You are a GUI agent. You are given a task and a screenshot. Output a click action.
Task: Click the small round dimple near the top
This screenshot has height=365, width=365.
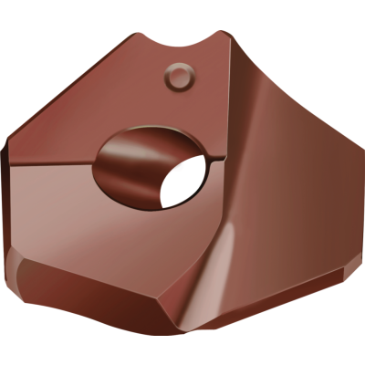click(x=181, y=76)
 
